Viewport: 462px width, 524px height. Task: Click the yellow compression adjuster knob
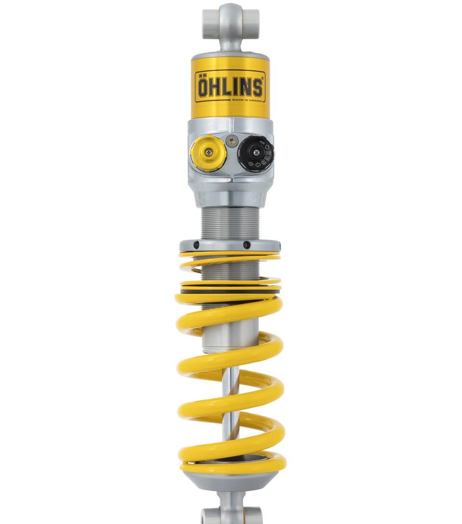pos(207,153)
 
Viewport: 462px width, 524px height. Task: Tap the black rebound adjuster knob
pos(256,153)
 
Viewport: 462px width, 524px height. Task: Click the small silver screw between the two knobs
pos(232,141)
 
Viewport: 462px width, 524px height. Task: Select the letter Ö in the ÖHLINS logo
pos(203,87)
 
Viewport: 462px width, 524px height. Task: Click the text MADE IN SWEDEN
pos(247,100)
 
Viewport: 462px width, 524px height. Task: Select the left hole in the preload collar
pos(196,245)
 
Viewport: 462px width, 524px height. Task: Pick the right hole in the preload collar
pos(246,245)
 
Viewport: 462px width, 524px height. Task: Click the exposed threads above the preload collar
pos(230,223)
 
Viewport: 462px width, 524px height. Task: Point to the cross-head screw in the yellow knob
pos(208,153)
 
